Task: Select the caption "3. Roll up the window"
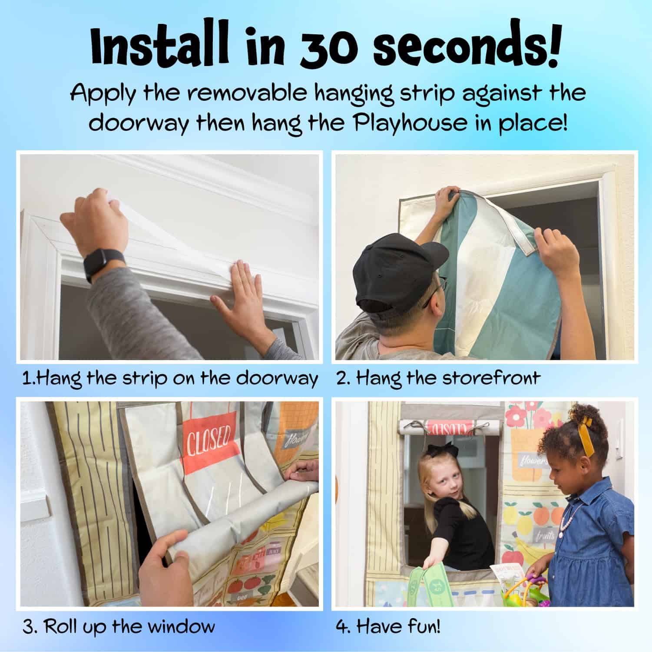pyautogui.click(x=119, y=627)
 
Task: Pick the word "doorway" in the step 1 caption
pyautogui.click(x=277, y=378)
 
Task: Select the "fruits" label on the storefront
pyautogui.click(x=545, y=537)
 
